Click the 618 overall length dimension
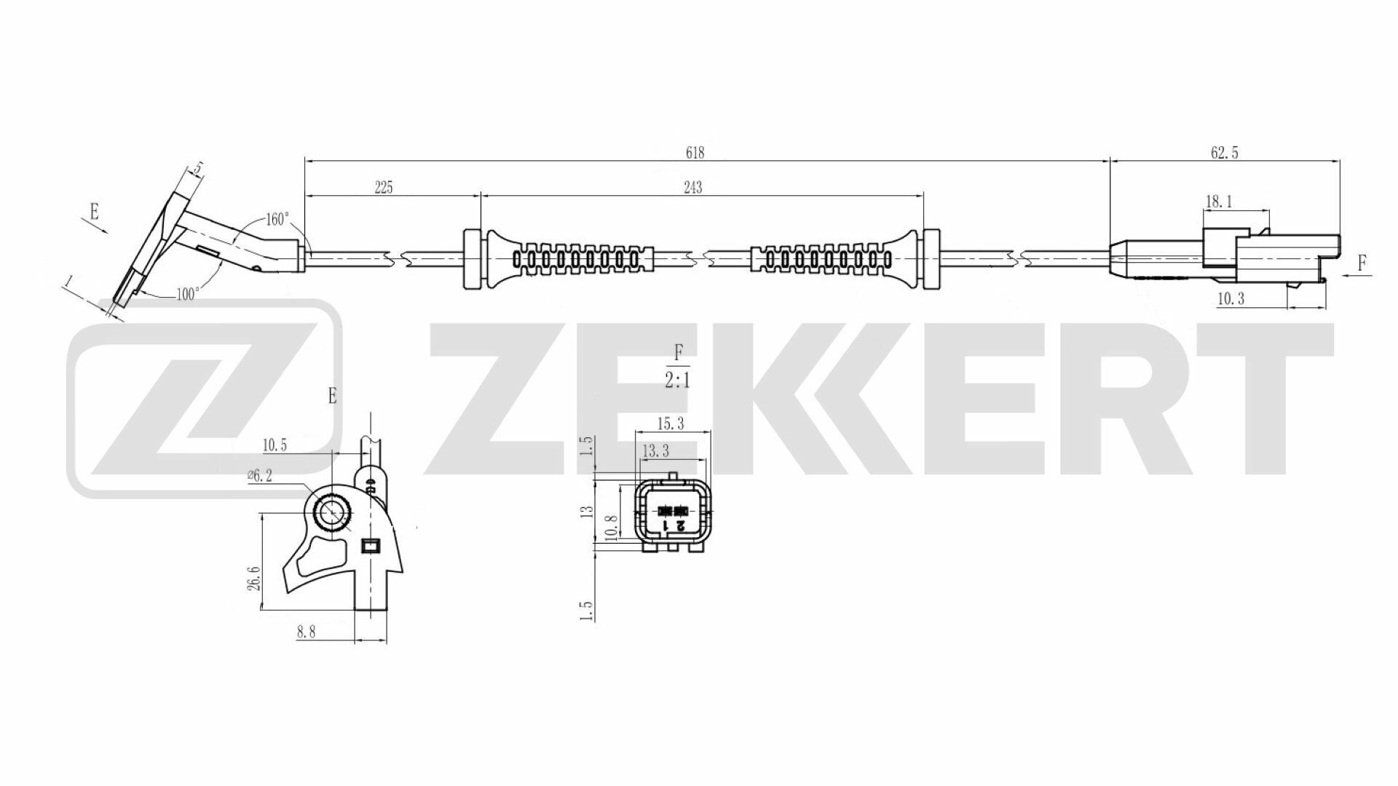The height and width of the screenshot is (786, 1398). [695, 153]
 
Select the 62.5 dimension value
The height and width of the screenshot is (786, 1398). [1225, 153]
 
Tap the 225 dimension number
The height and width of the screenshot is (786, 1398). [384, 188]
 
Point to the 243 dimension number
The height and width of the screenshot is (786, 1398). [693, 188]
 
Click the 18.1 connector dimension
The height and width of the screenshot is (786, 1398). [1219, 202]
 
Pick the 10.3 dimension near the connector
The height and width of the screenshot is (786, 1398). [1231, 298]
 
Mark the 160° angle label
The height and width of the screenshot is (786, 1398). [277, 219]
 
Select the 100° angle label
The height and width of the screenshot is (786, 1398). [188, 295]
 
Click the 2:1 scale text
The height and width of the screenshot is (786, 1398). [677, 381]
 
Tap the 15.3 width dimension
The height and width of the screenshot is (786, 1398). [670, 423]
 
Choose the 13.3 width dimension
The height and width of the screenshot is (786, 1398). [655, 452]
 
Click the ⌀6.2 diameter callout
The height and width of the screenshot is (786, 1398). [260, 475]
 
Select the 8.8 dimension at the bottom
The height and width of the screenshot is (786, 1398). [306, 632]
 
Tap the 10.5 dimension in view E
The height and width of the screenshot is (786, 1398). [275, 444]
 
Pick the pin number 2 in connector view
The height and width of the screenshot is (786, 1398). [680, 525]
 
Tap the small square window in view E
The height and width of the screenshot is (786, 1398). [371, 545]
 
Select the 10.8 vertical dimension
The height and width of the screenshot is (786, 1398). [612, 528]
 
